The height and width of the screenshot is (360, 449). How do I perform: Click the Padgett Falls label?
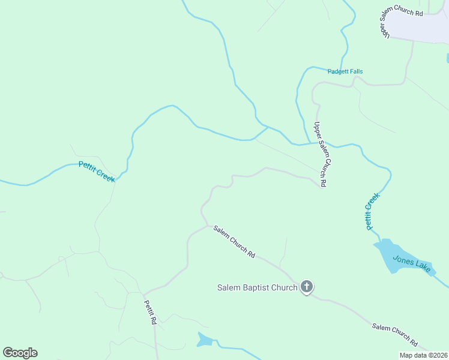point(345,71)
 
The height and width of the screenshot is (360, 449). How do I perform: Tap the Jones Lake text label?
point(412,264)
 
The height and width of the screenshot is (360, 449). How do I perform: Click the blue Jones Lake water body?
point(389,254)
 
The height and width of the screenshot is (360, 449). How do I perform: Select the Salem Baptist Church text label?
point(257,287)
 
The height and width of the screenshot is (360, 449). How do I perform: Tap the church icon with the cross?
point(306,287)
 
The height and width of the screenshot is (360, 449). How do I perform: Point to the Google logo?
point(20,353)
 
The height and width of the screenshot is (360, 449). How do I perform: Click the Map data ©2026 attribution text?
point(423,355)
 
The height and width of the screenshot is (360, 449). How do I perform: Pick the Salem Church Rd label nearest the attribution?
point(394,335)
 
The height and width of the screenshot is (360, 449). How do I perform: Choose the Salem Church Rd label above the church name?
point(235,242)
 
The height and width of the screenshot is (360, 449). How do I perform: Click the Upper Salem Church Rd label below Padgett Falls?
point(321,155)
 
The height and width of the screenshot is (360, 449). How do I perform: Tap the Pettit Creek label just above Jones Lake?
point(372,211)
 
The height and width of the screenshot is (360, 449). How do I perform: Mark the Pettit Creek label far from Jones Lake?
point(96,171)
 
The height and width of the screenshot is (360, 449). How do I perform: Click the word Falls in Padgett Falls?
point(355,71)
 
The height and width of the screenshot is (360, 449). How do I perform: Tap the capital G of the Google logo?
point(8,353)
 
